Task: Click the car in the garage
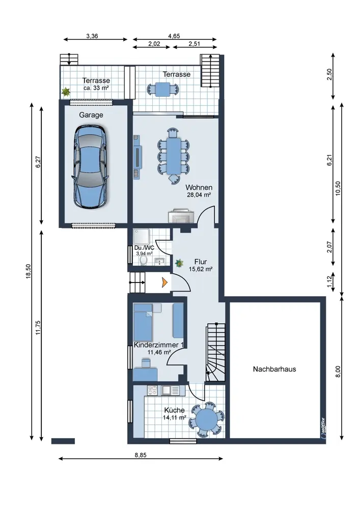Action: (x=90, y=167)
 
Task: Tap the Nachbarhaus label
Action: (x=274, y=369)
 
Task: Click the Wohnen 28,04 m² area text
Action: (x=199, y=191)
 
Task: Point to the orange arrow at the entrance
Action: (x=165, y=282)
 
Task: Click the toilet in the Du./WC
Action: (x=143, y=260)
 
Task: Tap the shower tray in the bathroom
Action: (x=141, y=237)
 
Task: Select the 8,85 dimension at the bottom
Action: (x=141, y=455)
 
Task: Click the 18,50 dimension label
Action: (x=29, y=271)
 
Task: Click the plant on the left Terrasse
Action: (x=66, y=92)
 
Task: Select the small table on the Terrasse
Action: (x=162, y=89)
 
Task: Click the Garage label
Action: (x=91, y=115)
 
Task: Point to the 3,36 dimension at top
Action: (x=92, y=36)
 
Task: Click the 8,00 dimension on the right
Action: (x=338, y=372)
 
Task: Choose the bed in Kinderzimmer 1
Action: (x=143, y=322)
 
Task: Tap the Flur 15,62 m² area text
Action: (x=201, y=265)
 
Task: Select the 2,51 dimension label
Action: (x=194, y=44)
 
